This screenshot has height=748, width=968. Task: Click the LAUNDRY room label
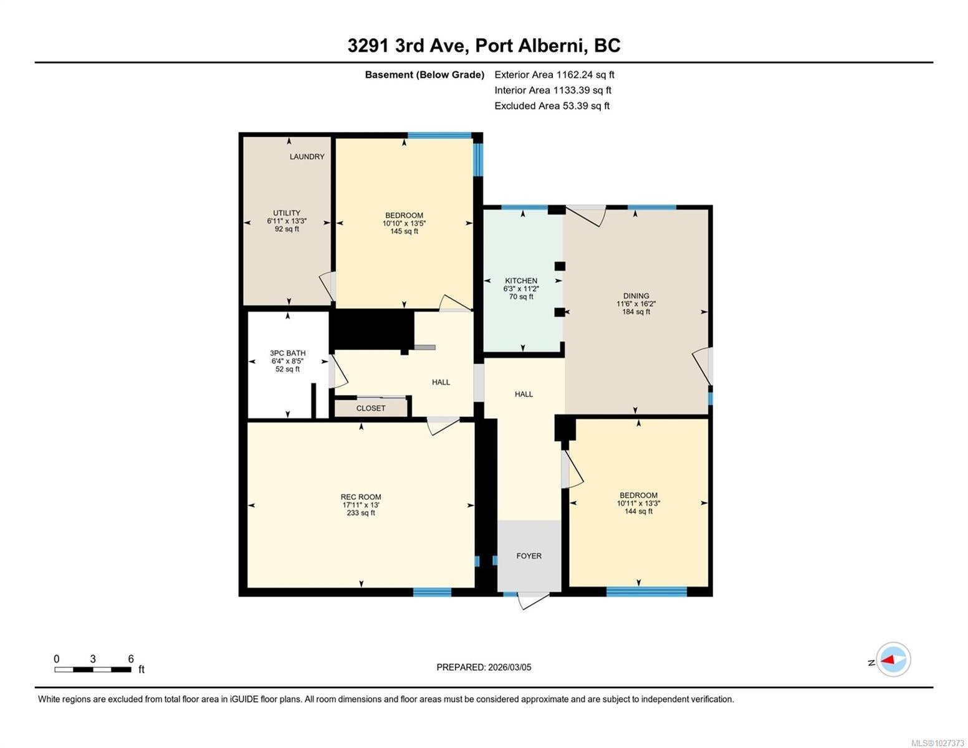click(307, 156)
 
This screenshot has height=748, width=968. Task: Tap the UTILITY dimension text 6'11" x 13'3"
click(287, 221)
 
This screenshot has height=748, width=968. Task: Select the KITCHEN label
click(520, 280)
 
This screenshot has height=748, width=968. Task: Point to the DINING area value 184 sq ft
click(636, 312)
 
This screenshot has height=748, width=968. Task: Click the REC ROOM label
click(361, 497)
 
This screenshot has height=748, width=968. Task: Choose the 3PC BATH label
click(288, 353)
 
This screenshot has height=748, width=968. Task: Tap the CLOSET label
click(371, 408)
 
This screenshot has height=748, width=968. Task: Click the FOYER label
click(529, 556)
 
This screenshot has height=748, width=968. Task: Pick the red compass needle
click(888, 659)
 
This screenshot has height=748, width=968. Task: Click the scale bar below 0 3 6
click(93, 669)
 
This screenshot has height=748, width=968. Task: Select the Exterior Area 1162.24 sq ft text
click(554, 75)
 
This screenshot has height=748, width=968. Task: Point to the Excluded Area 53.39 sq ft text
click(552, 106)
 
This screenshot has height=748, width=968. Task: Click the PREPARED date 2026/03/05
click(510, 668)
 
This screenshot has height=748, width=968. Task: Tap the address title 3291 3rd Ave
click(407, 46)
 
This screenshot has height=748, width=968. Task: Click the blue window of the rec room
click(432, 592)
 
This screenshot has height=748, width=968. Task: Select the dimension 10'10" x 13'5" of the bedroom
click(404, 223)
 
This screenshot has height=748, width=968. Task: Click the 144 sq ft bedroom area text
click(638, 511)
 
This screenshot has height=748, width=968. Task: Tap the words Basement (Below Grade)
click(424, 75)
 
